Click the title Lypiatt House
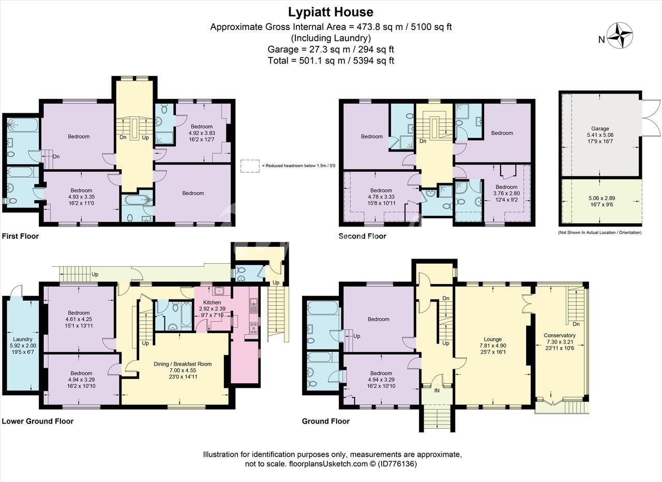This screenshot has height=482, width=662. point(330,12)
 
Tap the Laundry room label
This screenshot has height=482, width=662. point(23,339)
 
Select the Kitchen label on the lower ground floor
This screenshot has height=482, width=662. point(212,303)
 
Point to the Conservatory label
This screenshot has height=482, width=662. point(560,336)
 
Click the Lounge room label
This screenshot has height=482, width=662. point(493,339)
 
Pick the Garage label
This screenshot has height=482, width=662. point(600,129)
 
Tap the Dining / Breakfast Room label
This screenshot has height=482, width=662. point(183,364)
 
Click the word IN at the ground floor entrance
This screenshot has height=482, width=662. point(437,390)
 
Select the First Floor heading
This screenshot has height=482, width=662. point(20,236)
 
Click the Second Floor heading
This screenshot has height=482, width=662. point(363,236)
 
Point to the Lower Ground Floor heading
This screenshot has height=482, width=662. point(38,421)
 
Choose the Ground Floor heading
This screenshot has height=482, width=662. point(326,421)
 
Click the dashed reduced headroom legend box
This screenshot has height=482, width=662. point(250,166)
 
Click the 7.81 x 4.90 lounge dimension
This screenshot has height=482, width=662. point(493,345)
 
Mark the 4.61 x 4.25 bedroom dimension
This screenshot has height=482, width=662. point(79,319)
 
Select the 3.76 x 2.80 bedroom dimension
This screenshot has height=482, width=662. point(506,193)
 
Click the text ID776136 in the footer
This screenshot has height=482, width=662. point(397,464)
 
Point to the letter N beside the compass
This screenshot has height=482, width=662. point(601,40)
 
